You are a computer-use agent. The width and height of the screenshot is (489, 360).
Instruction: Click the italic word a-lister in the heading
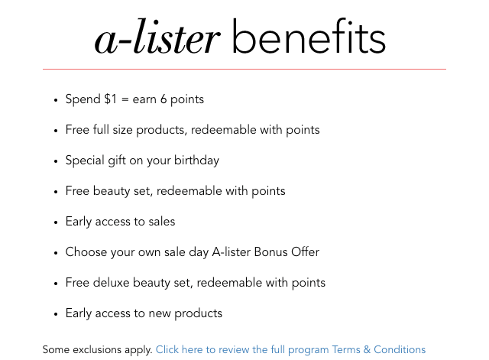tap(158, 37)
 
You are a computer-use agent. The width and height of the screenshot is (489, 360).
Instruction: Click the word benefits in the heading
tap(309, 36)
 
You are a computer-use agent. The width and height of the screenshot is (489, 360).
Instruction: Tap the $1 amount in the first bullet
tap(110, 99)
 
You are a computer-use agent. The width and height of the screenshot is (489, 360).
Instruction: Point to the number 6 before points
tap(164, 99)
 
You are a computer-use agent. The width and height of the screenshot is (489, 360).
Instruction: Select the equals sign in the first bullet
tap(125, 99)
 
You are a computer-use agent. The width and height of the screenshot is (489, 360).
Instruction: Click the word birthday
tap(197, 161)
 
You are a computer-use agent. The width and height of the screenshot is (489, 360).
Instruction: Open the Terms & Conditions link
tap(379, 350)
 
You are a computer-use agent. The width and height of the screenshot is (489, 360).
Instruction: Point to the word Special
tap(85, 161)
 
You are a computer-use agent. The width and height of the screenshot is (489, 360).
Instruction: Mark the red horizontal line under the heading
tap(244, 69)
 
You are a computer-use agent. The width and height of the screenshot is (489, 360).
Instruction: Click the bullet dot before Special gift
tap(56, 161)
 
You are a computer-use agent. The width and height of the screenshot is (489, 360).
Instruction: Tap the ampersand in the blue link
tap(367, 350)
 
